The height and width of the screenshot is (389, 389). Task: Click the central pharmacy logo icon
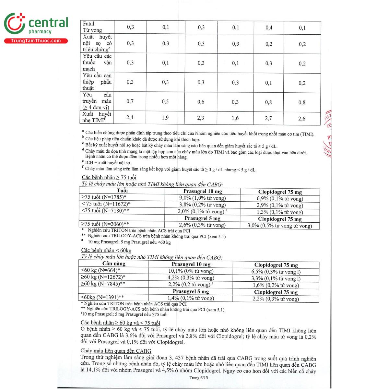coord(15,23)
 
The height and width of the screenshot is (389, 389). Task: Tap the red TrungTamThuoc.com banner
coord(36,41)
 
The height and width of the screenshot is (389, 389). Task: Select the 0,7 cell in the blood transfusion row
coord(130,101)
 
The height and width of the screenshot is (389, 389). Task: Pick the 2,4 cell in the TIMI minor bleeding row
coord(130,117)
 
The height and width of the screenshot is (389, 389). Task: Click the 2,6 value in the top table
coord(302,119)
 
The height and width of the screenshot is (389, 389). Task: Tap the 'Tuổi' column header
coord(122,191)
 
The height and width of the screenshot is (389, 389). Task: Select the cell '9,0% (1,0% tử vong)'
coord(202,198)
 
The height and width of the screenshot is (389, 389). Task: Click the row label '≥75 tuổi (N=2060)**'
coord(105,224)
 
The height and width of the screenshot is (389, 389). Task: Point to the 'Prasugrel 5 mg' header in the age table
coord(202,218)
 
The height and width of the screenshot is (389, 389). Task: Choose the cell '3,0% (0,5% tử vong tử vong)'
coord(279,226)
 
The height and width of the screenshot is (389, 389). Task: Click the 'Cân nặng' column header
coord(114,264)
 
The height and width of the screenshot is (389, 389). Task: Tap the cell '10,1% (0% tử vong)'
coord(191,271)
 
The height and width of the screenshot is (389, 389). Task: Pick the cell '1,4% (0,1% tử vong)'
coord(191,298)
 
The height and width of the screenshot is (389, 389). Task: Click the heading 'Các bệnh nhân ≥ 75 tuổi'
coord(109,177)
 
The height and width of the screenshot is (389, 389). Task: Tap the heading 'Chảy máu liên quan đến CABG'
coord(116,351)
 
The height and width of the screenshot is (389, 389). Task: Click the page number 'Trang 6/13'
coord(199,378)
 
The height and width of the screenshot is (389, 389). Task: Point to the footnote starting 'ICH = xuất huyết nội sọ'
coord(108,162)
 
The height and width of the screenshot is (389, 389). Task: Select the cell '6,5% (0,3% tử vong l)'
coord(276,272)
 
